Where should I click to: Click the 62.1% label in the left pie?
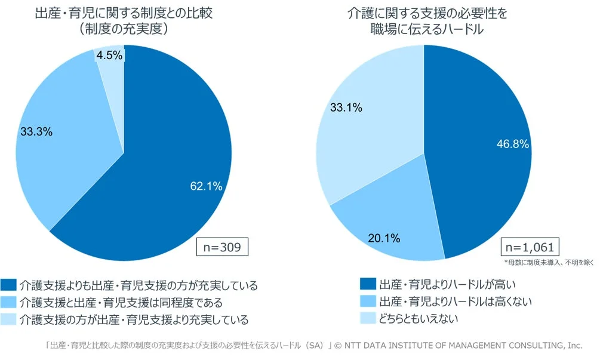click(x=206, y=186)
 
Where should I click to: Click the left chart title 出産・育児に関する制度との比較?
click(x=123, y=13)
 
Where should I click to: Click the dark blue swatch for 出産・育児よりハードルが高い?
click(x=368, y=284)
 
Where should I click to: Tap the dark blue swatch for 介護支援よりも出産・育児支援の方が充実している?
click(x=9, y=285)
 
